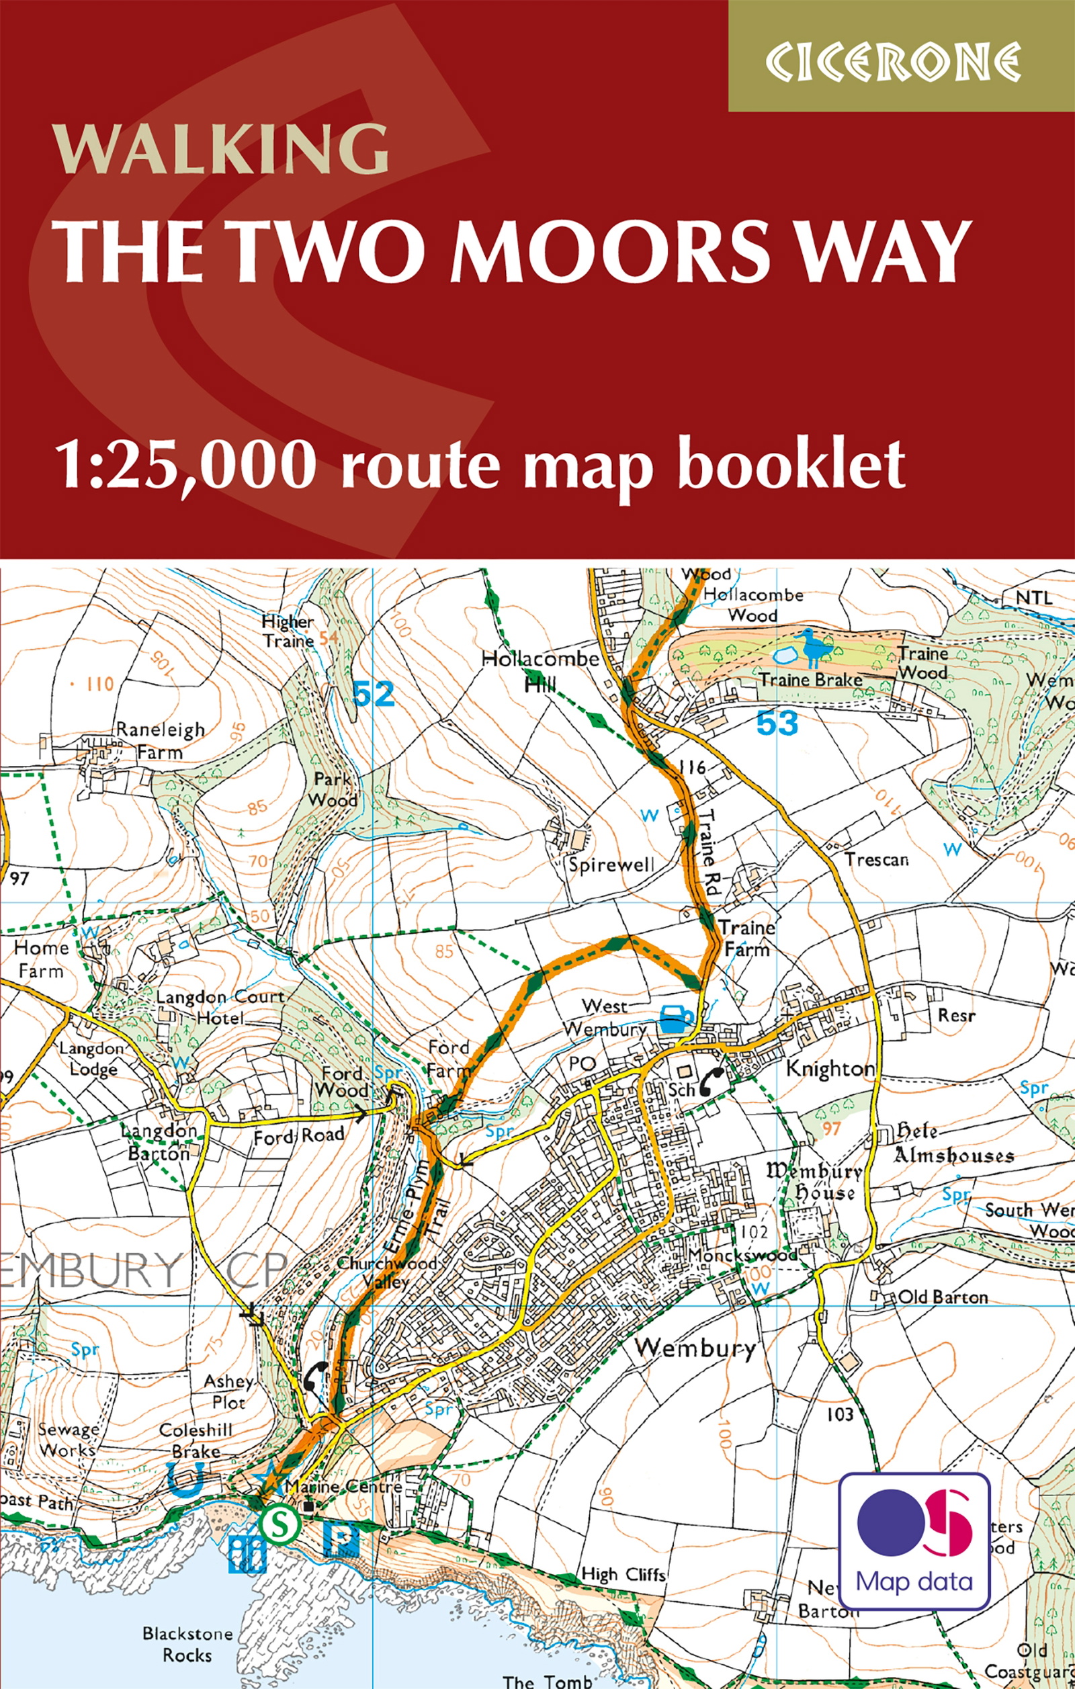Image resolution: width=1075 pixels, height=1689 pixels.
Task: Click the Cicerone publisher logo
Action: (892, 62)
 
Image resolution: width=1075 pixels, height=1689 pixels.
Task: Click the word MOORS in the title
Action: (609, 251)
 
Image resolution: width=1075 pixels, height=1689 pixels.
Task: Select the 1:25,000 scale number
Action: (187, 464)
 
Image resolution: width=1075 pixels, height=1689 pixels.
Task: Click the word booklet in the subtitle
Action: (792, 464)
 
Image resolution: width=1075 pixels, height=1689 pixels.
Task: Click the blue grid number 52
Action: (374, 695)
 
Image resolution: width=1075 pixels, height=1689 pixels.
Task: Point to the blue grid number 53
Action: (777, 723)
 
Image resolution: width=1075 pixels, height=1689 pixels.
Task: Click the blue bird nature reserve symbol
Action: (812, 648)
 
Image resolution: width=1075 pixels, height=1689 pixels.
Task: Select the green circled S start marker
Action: (279, 1523)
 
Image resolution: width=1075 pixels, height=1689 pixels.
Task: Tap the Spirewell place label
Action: (611, 865)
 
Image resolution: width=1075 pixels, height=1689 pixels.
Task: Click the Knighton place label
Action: (830, 1069)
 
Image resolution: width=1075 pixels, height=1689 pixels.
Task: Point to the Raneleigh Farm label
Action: (160, 740)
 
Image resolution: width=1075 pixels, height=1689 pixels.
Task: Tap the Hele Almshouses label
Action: (953, 1144)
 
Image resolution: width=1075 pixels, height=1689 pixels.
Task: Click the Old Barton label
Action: (943, 1297)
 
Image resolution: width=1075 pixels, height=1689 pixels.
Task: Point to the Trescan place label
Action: (877, 859)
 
